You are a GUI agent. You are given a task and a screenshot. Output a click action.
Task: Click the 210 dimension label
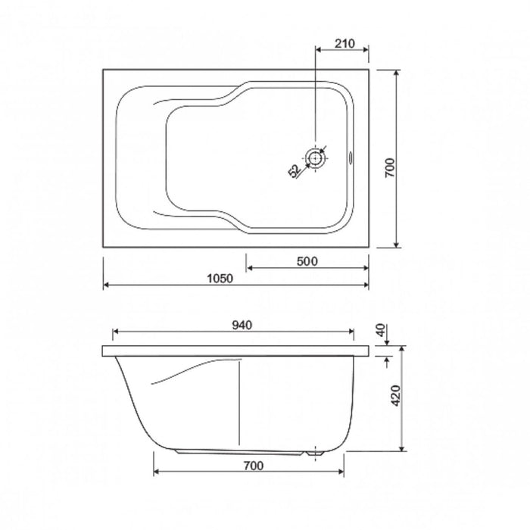pyautogui.click(x=344, y=44)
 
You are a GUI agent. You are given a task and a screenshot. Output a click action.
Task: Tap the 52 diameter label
pyautogui.click(x=295, y=171)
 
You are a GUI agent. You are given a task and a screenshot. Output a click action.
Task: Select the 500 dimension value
pyautogui.click(x=307, y=261)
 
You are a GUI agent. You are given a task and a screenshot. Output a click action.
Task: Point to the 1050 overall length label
pyautogui.click(x=220, y=279)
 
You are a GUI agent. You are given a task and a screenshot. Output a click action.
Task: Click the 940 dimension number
pyautogui.click(x=242, y=325)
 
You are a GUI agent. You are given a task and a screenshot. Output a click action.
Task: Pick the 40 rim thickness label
pyautogui.click(x=381, y=330)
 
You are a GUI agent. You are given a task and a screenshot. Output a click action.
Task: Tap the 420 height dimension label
pyautogui.click(x=395, y=395)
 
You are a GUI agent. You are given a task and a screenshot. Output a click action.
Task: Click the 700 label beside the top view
pyautogui.click(x=390, y=167)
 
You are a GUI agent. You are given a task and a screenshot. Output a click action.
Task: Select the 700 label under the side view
pyautogui.click(x=254, y=466)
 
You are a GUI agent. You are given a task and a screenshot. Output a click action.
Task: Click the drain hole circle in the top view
pyautogui.click(x=316, y=157)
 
